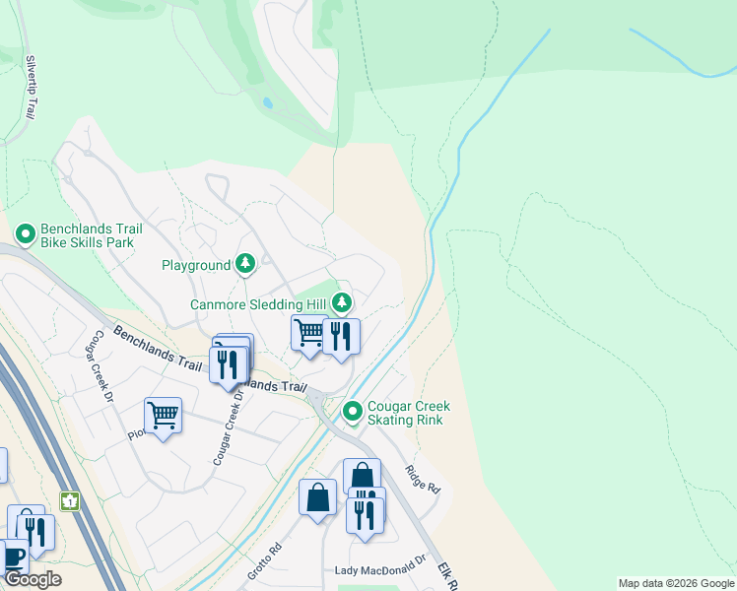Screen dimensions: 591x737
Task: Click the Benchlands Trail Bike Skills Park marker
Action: [26, 234]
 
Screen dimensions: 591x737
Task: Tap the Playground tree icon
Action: [245, 264]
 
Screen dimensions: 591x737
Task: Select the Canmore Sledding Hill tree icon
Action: [342, 302]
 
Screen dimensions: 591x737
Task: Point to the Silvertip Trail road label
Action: [31, 87]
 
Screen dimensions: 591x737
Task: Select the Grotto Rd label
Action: [265, 559]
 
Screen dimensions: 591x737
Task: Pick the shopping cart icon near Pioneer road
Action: [163, 416]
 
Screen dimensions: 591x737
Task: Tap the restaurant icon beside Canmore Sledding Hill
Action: [341, 336]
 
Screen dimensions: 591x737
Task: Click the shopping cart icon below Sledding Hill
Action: [309, 334]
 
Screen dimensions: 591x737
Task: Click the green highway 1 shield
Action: [69, 501]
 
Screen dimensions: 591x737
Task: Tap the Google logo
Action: [33, 579]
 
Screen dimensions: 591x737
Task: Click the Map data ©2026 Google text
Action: [676, 583]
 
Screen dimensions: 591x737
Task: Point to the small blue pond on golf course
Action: [268, 102]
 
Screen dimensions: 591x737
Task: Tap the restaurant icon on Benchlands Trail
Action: [228, 364]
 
